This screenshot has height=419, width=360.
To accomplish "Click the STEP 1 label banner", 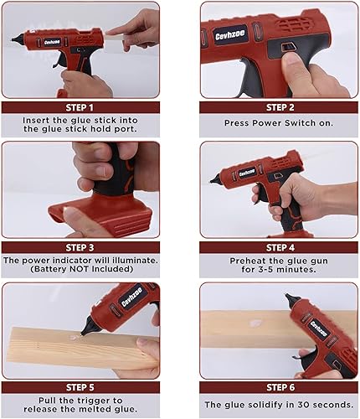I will [x=80, y=107].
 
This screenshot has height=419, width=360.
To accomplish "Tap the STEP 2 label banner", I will [x=279, y=107].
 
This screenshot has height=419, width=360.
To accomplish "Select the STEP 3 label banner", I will [x=80, y=247].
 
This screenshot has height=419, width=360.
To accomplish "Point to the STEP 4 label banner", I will [x=279, y=247].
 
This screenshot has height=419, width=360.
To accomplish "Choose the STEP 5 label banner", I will [x=80, y=387].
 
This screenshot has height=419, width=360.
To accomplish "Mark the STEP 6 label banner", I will [x=279, y=387].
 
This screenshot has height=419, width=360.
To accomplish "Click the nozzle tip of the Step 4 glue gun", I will [x=217, y=178].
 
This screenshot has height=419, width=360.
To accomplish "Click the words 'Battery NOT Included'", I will [x=80, y=271].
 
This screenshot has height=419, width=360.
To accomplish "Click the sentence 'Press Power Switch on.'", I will [x=279, y=122].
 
